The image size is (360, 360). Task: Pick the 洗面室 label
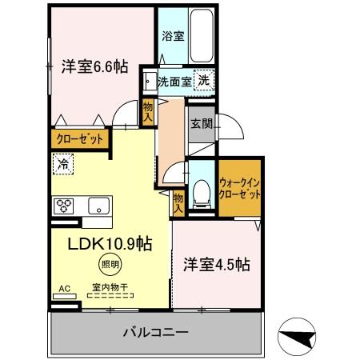click(174, 81)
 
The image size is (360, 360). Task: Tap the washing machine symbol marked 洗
click(206, 80)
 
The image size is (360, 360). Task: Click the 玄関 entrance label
click(200, 125)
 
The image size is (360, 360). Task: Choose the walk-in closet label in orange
click(238, 188)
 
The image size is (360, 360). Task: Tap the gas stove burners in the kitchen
click(64, 205)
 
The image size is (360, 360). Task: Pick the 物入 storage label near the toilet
click(178, 202)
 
